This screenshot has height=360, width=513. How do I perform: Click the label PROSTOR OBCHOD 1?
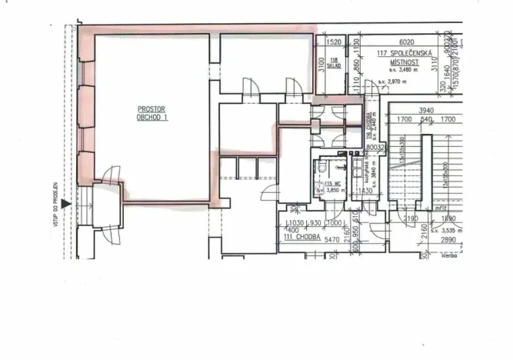[x=152, y=113]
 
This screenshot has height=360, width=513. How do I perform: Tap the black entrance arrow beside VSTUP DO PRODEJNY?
[x=67, y=204]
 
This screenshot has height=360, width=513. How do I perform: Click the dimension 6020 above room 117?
[x=407, y=43]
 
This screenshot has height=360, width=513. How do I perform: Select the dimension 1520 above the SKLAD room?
[x=334, y=43]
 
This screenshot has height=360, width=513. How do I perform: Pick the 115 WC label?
[x=332, y=184]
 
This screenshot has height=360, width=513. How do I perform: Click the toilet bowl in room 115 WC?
[x=322, y=168]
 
